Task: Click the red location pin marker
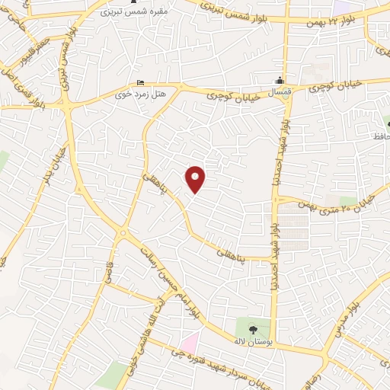tap(196, 178)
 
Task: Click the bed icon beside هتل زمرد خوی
tap(139, 83)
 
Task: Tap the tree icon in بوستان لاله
tap(253, 330)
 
